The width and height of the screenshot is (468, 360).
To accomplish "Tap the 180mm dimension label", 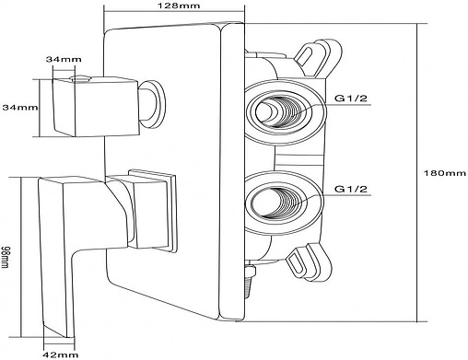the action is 445,173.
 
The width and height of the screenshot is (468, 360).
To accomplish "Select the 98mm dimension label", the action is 5,257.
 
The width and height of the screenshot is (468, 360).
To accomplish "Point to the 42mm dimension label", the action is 61,355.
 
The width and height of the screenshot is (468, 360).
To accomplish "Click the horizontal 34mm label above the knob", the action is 64,59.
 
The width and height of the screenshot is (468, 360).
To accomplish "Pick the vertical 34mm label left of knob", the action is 20,108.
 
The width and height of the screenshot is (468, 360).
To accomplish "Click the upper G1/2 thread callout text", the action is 351,99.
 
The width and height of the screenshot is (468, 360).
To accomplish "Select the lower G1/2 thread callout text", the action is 351,189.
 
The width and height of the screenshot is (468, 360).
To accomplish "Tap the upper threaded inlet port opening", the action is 278,111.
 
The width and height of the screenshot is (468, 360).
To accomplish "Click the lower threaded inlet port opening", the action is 275,203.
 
